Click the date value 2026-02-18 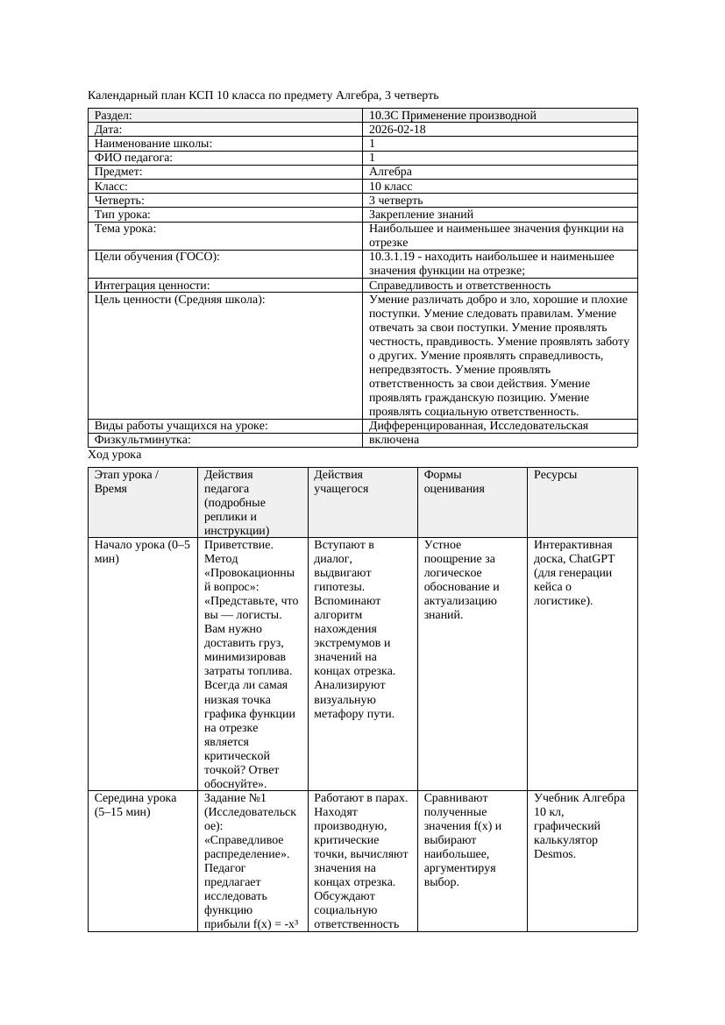(x=398, y=130)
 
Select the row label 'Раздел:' (x=113, y=116)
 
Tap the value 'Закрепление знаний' (x=421, y=215)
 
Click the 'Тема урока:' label (x=125, y=229)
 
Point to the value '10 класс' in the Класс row (x=391, y=187)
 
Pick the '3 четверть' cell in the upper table (x=395, y=201)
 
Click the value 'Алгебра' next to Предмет (x=391, y=172)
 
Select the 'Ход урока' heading (x=115, y=456)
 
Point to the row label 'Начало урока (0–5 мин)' (x=141, y=552)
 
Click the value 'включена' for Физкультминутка (x=394, y=440)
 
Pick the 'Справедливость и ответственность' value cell (x=459, y=286)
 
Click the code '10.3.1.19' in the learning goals (x=394, y=257)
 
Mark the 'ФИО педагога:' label (x=133, y=158)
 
